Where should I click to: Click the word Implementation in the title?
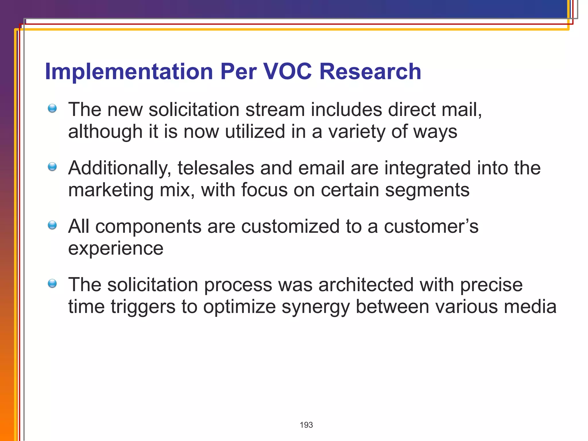pos(129,71)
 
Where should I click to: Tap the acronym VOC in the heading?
pos(287,71)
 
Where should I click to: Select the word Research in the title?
pos(370,71)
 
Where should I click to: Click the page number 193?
pos(306,425)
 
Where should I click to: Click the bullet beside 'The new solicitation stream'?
pos(52,109)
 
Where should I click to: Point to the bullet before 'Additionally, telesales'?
pos(52,167)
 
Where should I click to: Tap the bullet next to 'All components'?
pos(52,225)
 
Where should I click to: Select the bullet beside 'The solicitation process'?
pos(52,284)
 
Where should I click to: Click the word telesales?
pos(216,168)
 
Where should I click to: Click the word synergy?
pos(315,307)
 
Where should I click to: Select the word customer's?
pos(431,227)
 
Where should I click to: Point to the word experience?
pos(116,249)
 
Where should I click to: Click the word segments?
pos(427,190)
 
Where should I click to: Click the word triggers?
pos(143,307)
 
